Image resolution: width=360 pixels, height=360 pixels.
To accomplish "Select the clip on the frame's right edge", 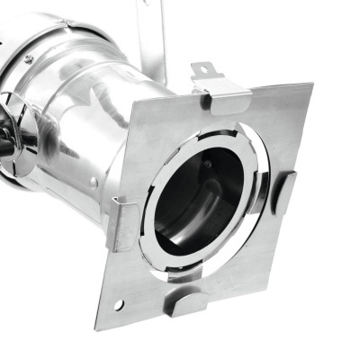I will [x=283, y=191].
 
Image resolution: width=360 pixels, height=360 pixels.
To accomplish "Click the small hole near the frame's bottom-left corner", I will [x=118, y=305].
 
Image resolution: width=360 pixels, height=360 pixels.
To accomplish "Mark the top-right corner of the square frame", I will [x=311, y=86].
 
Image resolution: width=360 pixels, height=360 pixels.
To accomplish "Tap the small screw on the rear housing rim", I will [x=28, y=59].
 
